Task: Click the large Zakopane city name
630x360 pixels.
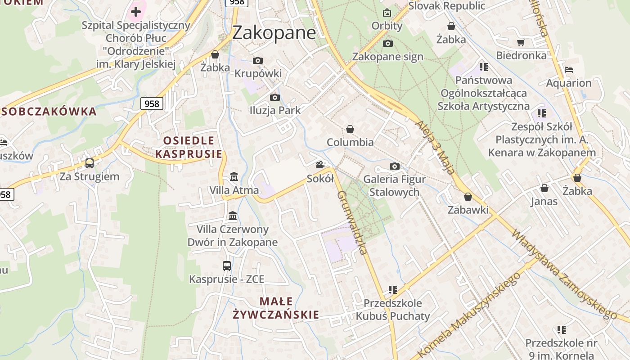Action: point(274,33)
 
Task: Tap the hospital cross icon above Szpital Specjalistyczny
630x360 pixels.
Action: point(136,11)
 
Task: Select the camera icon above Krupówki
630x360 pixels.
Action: point(258,60)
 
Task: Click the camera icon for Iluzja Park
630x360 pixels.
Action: point(274,97)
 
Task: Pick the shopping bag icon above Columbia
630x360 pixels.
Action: point(350,130)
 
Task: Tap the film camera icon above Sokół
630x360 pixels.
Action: point(320,165)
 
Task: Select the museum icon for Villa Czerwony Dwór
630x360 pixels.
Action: point(233,216)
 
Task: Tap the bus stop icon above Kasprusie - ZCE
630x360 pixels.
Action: point(227,266)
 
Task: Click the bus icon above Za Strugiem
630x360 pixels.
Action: point(90,163)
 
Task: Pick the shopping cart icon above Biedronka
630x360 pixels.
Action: point(521,42)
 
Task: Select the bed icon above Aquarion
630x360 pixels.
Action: point(569,70)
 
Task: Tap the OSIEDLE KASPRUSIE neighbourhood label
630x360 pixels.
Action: point(189,147)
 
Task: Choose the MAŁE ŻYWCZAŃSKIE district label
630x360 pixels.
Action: point(276,308)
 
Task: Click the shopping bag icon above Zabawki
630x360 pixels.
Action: point(468,197)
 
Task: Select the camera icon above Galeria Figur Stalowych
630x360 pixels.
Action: point(395,166)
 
